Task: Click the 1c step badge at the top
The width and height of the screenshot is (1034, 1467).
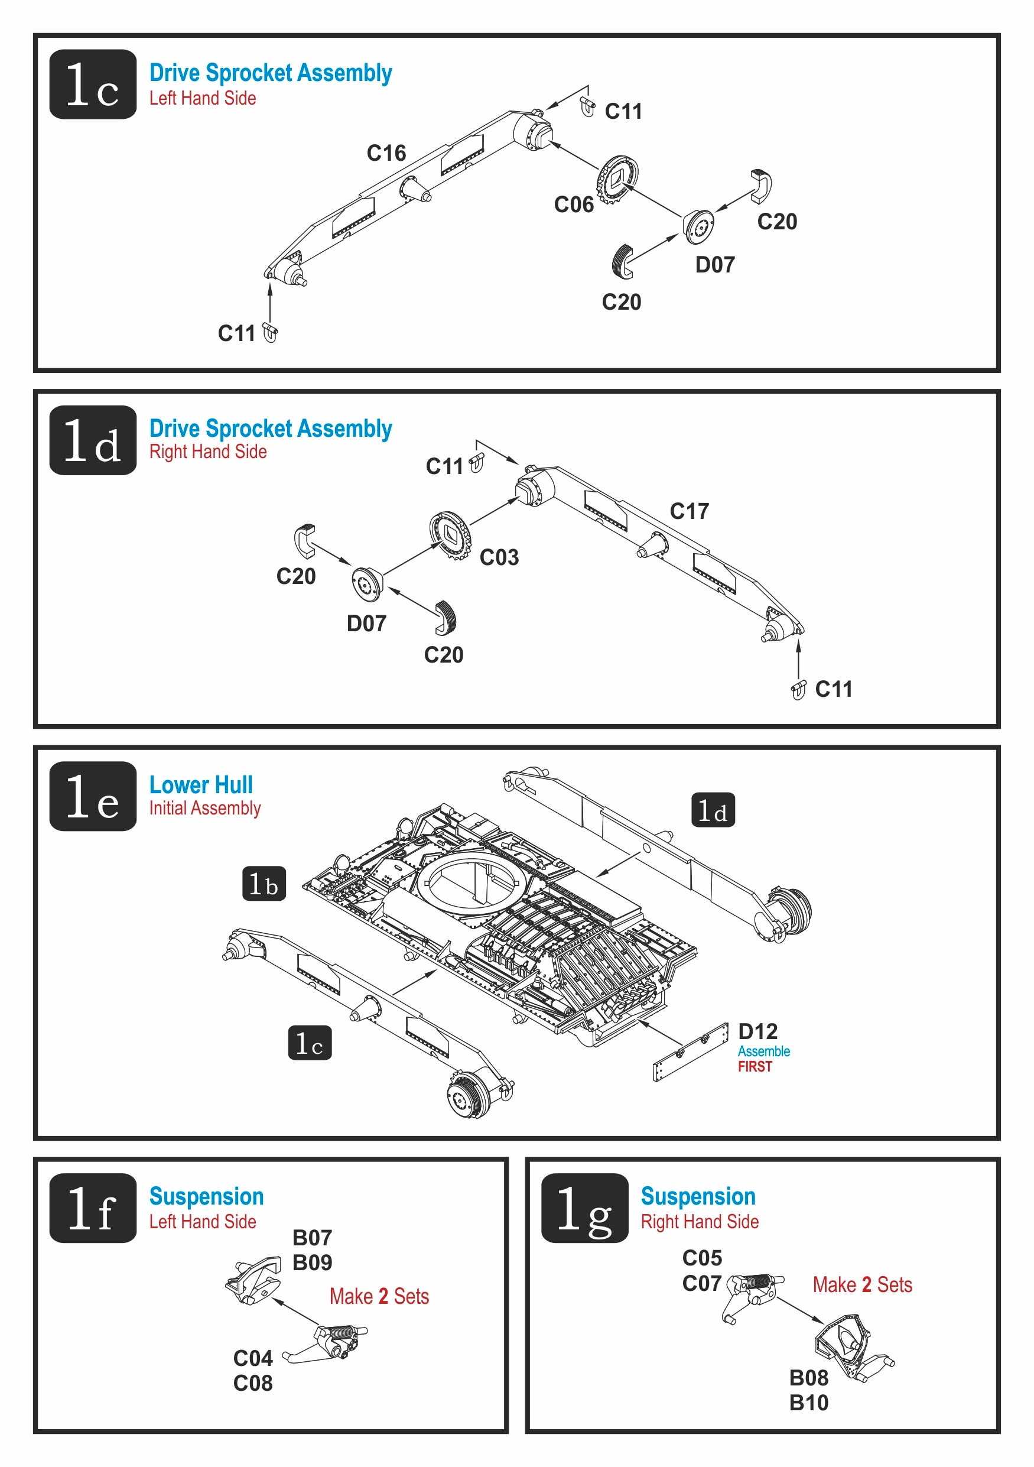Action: point(93,85)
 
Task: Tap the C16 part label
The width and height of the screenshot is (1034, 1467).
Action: point(386,153)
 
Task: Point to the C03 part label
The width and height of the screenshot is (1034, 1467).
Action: point(499,558)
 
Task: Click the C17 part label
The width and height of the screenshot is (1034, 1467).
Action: point(689,511)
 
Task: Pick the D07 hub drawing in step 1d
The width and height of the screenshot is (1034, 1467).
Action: point(368,584)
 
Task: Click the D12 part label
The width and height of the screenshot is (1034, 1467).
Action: point(757,1032)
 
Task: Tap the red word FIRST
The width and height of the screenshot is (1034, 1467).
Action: point(755,1067)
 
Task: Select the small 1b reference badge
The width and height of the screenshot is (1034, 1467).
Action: point(264,884)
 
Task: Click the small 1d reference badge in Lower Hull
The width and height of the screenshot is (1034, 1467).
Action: point(713,810)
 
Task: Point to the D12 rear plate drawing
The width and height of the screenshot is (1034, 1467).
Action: point(690,1051)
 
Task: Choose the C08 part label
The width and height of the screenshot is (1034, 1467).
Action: point(253,1383)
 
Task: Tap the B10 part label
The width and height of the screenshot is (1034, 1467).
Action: point(808,1403)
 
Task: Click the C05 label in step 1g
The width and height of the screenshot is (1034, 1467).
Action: point(702,1258)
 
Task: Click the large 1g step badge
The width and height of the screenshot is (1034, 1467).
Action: point(584,1208)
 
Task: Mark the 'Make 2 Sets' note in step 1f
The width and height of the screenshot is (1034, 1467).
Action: point(379,1296)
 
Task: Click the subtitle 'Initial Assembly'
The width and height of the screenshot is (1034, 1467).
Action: point(205,808)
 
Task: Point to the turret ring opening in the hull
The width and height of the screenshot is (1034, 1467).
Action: point(475,882)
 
